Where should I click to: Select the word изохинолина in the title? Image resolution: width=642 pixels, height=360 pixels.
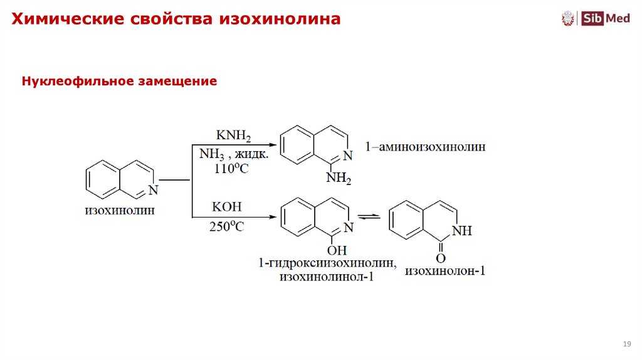pos(280,19)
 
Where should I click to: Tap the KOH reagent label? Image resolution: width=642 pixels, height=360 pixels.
pos(227,207)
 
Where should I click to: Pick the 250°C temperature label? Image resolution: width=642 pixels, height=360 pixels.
pos(227,226)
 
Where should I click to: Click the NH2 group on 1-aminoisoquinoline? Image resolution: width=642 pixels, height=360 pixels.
pos(338,179)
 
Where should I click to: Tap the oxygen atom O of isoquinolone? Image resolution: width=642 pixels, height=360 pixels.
pos(441,257)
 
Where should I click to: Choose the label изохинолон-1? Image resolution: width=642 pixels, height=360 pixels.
pos(445,272)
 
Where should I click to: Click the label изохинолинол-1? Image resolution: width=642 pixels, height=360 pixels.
pos(327,277)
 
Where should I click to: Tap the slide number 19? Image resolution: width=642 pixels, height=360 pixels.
pos(626,344)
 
